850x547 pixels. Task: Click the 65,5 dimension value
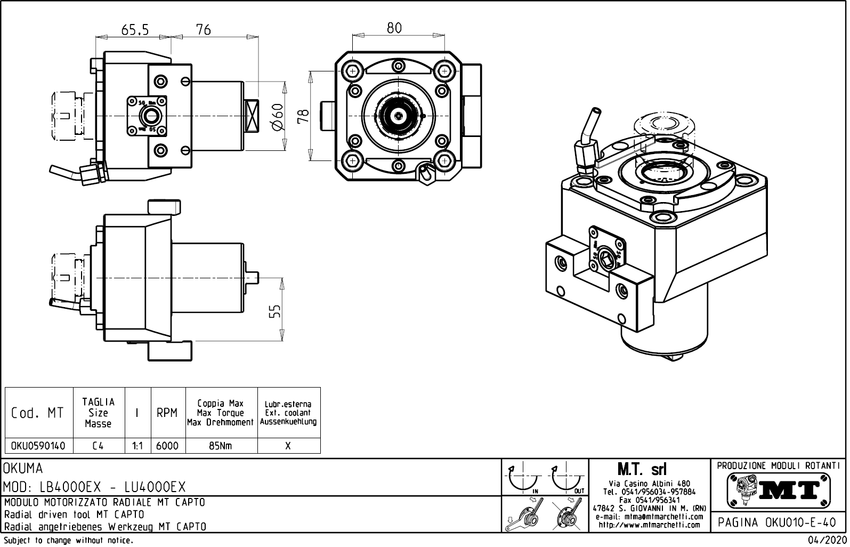pyautogui.click(x=135, y=30)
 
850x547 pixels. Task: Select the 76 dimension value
pyautogui.click(x=204, y=30)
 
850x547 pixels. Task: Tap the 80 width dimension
pyautogui.click(x=394, y=28)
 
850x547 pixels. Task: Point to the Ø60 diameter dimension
pyautogui.click(x=277, y=117)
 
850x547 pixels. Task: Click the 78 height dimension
pyautogui.click(x=303, y=116)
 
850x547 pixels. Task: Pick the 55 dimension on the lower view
pyautogui.click(x=274, y=311)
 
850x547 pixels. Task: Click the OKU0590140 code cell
pyautogui.click(x=38, y=446)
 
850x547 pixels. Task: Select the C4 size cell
pyautogui.click(x=98, y=446)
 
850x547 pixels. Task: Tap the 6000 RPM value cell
pyautogui.click(x=167, y=446)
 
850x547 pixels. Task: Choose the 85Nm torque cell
pyautogui.click(x=221, y=446)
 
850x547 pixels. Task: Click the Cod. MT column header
pyautogui.click(x=37, y=413)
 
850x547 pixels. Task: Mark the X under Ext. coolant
pyautogui.click(x=288, y=446)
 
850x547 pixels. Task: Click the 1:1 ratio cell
pyautogui.click(x=137, y=446)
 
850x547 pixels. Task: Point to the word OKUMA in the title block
pyautogui.click(x=23, y=469)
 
